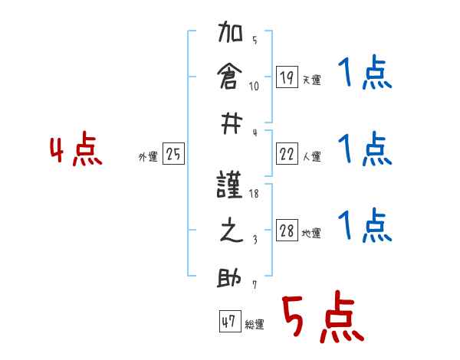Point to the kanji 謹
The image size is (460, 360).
pyautogui.click(x=231, y=186)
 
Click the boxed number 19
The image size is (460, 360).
pyautogui.click(x=287, y=77)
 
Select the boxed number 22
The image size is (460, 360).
pyautogui.click(x=287, y=155)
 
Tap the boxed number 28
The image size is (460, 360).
pyautogui.click(x=287, y=231)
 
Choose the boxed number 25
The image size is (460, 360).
pyautogui.click(x=173, y=155)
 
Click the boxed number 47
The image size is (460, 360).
pyautogui.click(x=228, y=322)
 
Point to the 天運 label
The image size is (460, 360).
pyautogui.click(x=311, y=80)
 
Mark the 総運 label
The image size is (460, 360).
pyautogui.click(x=255, y=325)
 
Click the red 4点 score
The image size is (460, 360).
pyautogui.click(x=74, y=150)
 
